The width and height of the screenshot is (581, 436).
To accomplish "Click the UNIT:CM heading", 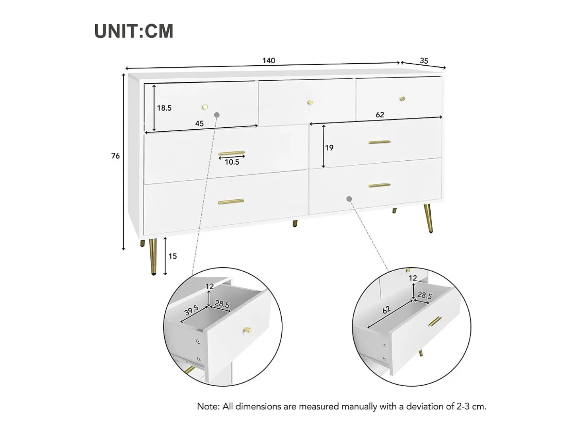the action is coord(134,31).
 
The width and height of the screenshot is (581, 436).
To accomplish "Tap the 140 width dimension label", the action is coord(269,60).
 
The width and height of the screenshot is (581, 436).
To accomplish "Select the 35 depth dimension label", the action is coord(424,61).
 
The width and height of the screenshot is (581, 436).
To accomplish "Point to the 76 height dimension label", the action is coord(115,156).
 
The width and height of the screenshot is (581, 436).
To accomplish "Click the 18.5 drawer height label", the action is coord(164,108).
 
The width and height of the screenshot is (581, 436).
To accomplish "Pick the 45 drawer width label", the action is coord(199,124).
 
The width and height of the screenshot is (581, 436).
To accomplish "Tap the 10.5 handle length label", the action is coord(232,162).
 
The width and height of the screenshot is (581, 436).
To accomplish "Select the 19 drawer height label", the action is coord(329,148).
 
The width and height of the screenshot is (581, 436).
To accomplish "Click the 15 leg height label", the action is coord(172,256).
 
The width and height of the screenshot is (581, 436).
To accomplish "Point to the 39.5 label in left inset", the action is coord(191,310).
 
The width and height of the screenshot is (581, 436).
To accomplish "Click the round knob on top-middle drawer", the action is coord(310,102).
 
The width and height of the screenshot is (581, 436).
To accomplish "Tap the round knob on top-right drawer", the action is coord(402,99).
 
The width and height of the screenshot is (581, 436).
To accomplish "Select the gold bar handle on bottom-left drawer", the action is coord(231,202).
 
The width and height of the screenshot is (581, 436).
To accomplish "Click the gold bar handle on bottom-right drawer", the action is coord(379,185).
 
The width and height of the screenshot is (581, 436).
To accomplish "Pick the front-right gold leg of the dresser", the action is coord(428,218).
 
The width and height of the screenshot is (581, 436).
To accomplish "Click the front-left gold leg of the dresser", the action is coord(153,257).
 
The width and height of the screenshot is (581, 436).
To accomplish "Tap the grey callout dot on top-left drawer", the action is coord(217,115).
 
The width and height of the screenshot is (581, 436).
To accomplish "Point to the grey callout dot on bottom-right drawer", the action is coord(349,199).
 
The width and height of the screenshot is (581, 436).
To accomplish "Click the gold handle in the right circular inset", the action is coord(435,321).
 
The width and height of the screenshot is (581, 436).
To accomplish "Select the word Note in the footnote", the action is coord(208,406).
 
